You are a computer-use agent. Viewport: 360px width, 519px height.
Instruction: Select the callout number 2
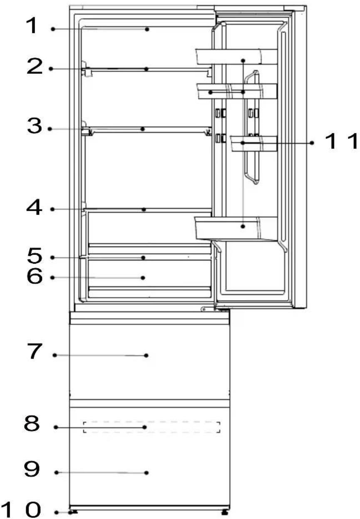[35, 67]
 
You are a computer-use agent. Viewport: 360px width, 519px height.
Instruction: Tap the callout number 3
[35, 127]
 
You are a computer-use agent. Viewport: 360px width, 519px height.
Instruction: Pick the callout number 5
[35, 256]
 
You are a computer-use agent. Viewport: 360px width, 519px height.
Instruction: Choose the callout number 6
[35, 277]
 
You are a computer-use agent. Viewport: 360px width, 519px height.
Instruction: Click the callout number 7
[35, 352]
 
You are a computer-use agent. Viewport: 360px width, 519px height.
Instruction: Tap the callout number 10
[21, 509]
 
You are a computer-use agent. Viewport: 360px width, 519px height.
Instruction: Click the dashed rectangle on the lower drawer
[152, 427]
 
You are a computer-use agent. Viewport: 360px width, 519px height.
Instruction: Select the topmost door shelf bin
[236, 56]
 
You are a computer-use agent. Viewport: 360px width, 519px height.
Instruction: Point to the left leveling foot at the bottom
[74, 511]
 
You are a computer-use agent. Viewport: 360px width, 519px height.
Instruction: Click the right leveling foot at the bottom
[225, 511]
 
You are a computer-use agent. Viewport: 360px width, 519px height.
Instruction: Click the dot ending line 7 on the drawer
[146, 355]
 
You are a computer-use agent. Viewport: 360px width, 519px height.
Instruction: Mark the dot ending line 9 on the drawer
[146, 472]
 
